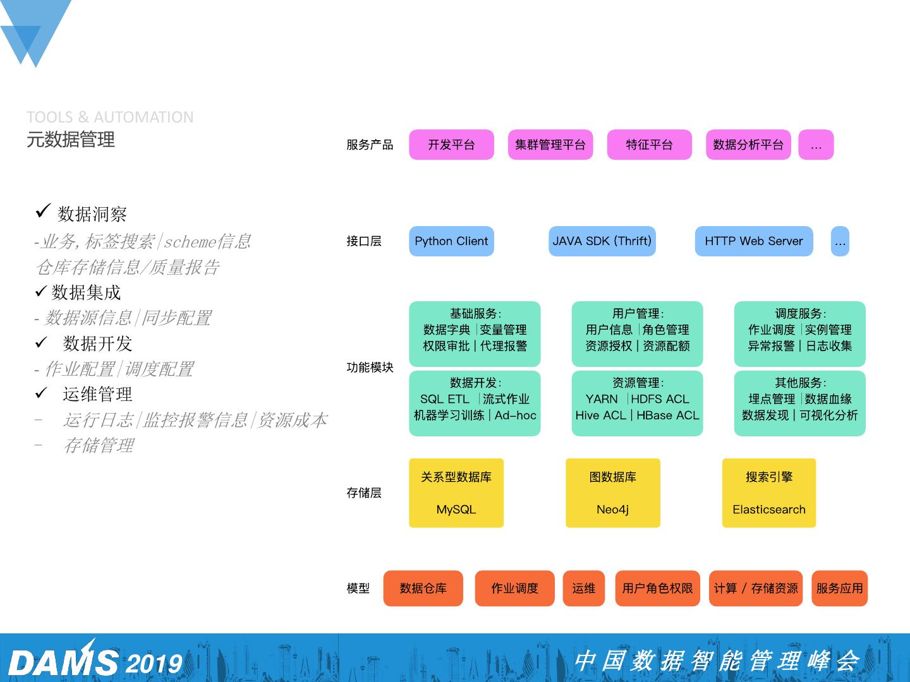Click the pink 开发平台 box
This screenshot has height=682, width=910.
click(451, 145)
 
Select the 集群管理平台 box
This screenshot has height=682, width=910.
click(550, 145)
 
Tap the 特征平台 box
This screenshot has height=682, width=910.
click(649, 145)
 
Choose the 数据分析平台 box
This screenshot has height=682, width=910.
click(748, 145)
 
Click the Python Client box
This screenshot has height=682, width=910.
click(451, 241)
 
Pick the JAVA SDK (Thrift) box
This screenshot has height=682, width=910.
click(602, 241)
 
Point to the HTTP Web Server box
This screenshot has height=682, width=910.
click(753, 241)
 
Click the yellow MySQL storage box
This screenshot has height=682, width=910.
click(456, 493)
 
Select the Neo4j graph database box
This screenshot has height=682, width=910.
click(612, 493)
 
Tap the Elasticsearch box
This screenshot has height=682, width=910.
click(769, 493)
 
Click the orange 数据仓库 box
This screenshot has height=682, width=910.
click(423, 589)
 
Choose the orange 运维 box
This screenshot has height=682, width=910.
click(583, 589)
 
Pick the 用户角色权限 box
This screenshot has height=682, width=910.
click(657, 589)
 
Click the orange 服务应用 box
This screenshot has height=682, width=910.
click(839, 589)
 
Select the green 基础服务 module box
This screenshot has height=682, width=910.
click(475, 334)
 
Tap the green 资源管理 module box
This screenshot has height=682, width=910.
click(637, 404)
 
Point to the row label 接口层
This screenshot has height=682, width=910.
click(364, 241)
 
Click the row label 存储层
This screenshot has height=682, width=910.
click(364, 493)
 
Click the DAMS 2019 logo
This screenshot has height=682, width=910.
click(95, 661)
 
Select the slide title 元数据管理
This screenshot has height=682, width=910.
click(71, 140)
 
